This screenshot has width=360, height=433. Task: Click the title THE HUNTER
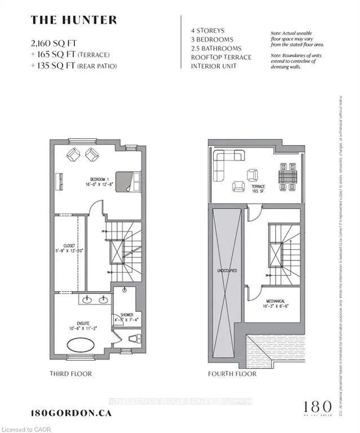(73, 20)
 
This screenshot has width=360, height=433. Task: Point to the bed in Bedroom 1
(128, 182)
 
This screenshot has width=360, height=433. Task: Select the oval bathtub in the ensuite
(83, 344)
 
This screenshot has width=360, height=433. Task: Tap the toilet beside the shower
(133, 338)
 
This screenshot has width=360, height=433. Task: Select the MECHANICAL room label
(276, 302)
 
